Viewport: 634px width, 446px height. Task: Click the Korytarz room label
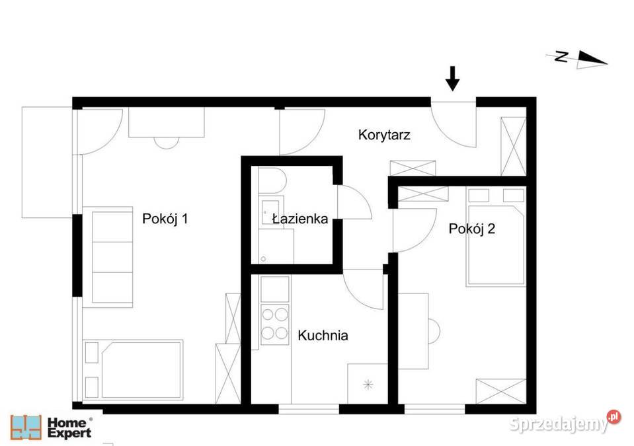384,135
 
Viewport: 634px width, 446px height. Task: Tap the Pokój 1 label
165,219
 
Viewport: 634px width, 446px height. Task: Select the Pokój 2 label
472,229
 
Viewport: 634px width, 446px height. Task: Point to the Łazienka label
300,219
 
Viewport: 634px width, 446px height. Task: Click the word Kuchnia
323,335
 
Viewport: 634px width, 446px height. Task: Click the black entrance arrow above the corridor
452,79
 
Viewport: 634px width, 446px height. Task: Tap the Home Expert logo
52,427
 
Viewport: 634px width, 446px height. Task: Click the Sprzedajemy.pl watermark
565,423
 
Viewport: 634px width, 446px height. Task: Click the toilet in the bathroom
272,180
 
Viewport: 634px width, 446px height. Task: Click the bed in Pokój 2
496,237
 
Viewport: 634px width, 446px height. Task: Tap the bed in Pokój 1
133,369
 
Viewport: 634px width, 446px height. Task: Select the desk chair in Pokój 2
434,332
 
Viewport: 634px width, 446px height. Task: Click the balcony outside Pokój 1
47,163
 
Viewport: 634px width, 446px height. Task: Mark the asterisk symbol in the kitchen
368,384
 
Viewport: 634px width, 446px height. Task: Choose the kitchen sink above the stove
275,289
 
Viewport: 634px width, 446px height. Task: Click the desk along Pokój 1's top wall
167,122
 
